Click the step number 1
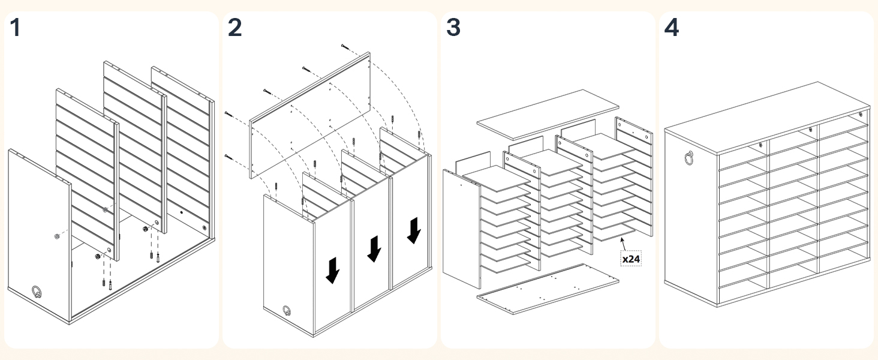pyautogui.click(x=16, y=28)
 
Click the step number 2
pyautogui.click(x=234, y=28)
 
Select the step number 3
pyautogui.click(x=453, y=28)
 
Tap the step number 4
pyautogui.click(x=672, y=28)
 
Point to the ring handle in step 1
pyautogui.click(x=37, y=292)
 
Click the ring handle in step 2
pyautogui.click(x=287, y=311)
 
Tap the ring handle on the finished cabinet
pyautogui.click(x=687, y=158)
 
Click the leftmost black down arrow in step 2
pyautogui.click(x=332, y=270)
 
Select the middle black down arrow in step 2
pyautogui.click(x=374, y=248)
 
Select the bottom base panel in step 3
pyautogui.click(x=547, y=289)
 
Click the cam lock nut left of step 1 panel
pyautogui.click(x=55, y=236)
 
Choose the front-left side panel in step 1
pyautogui.click(x=39, y=234)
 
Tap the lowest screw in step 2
pyautogui.click(x=228, y=157)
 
